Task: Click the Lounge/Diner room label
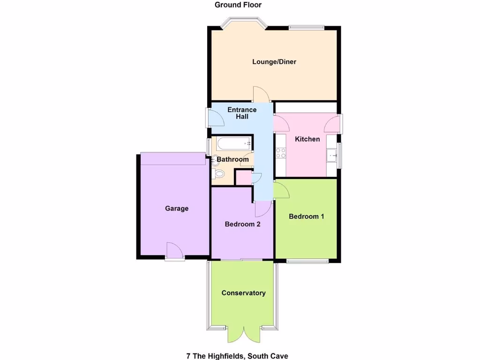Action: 274,62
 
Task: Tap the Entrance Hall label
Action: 242,113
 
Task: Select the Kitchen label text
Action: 307,139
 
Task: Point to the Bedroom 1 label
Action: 307,217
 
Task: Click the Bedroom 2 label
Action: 242,224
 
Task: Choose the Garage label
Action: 177,209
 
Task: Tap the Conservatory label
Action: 243,293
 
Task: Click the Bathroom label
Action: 232,160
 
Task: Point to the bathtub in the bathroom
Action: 232,143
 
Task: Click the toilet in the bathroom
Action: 218,174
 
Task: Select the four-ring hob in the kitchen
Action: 281,152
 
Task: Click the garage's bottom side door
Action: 174,251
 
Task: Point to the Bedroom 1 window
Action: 307,261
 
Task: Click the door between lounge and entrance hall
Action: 261,95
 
